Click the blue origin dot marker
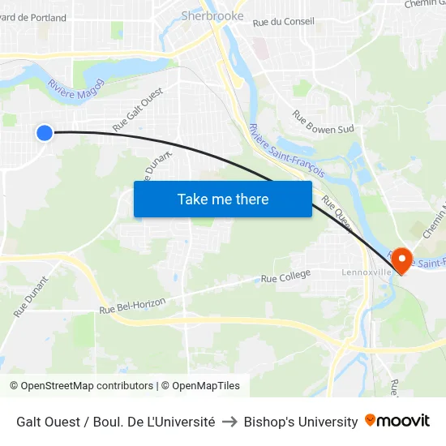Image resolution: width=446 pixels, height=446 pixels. point(45,132)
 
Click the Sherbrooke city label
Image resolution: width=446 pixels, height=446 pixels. point(212,15)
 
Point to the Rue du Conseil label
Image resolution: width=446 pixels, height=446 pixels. point(284,22)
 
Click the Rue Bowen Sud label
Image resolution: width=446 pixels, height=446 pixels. point(323,122)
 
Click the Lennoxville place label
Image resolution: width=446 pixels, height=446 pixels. point(367,272)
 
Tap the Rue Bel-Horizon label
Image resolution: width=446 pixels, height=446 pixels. point(132,306)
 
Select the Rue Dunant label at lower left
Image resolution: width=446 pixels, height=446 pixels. point(31,297)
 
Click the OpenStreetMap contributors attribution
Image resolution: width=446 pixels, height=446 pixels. point(81,386)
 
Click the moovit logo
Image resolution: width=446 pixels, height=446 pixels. point(397,421)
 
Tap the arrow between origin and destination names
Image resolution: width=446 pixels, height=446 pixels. point(229,422)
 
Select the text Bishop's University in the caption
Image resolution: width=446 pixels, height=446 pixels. point(301,422)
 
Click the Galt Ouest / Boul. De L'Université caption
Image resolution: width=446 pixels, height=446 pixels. point(115,422)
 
